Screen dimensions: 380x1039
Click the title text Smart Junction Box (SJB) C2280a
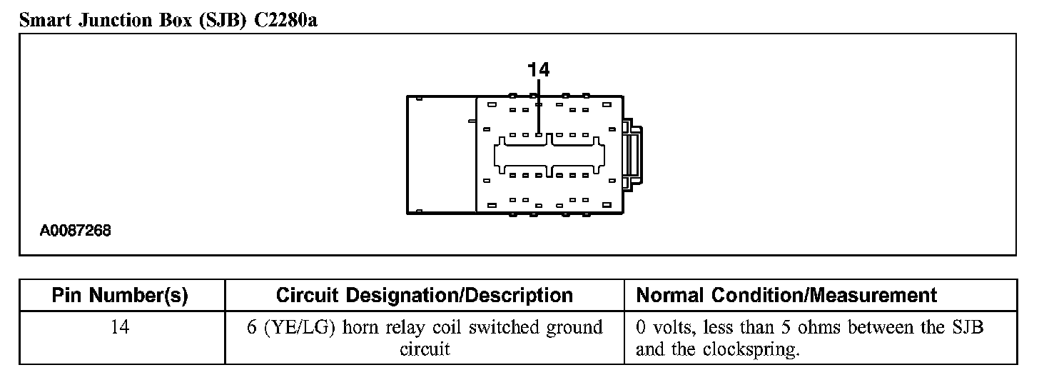pos(168,20)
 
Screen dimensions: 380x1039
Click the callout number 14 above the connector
pos(539,69)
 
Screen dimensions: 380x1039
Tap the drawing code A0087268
pos(76,231)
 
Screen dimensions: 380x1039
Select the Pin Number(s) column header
pos(121,296)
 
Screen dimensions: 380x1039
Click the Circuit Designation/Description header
pos(424,296)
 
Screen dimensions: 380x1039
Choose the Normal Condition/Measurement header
pos(786,296)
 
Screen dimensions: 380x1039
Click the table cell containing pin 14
pos(121,328)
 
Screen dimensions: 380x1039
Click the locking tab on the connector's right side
pos(634,154)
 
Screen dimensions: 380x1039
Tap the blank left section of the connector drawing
pos(441,154)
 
